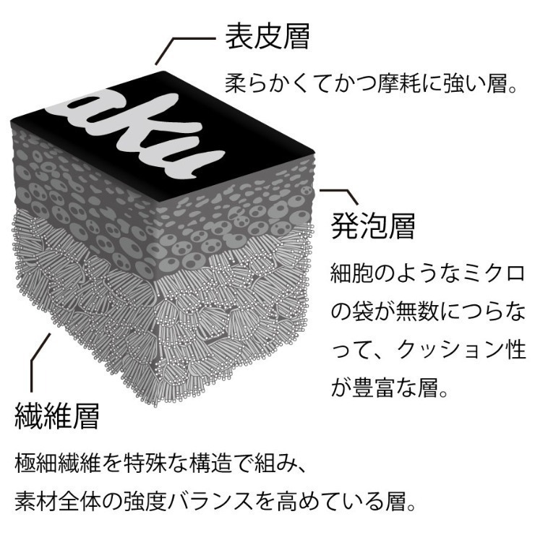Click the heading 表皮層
(267, 36)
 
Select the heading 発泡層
(373, 226)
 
